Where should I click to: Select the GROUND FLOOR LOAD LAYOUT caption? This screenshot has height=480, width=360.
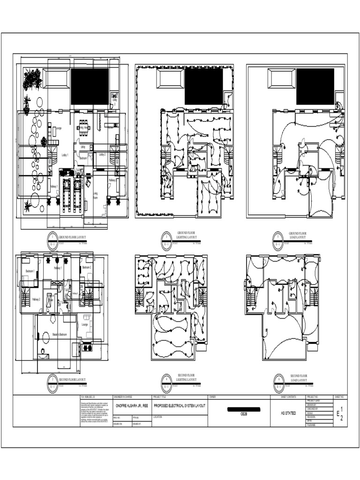tap(299, 235)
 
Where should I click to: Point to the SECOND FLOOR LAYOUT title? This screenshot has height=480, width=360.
tap(72, 380)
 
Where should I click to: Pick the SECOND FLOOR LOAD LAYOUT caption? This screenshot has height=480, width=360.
tap(299, 378)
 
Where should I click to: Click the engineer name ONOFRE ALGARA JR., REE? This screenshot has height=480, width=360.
tap(132, 406)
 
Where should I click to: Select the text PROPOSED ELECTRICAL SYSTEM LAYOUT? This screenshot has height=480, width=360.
tap(180, 406)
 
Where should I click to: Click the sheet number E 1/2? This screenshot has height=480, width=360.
tap(340, 413)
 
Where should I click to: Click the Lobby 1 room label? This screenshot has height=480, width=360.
tap(65, 154)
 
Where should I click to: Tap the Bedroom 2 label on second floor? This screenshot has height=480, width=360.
tap(87, 267)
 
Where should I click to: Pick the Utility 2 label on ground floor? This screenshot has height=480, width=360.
tap(114, 101)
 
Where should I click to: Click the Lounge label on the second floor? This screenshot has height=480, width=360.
tap(85, 324)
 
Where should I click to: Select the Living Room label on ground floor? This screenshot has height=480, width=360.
tap(95, 195)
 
